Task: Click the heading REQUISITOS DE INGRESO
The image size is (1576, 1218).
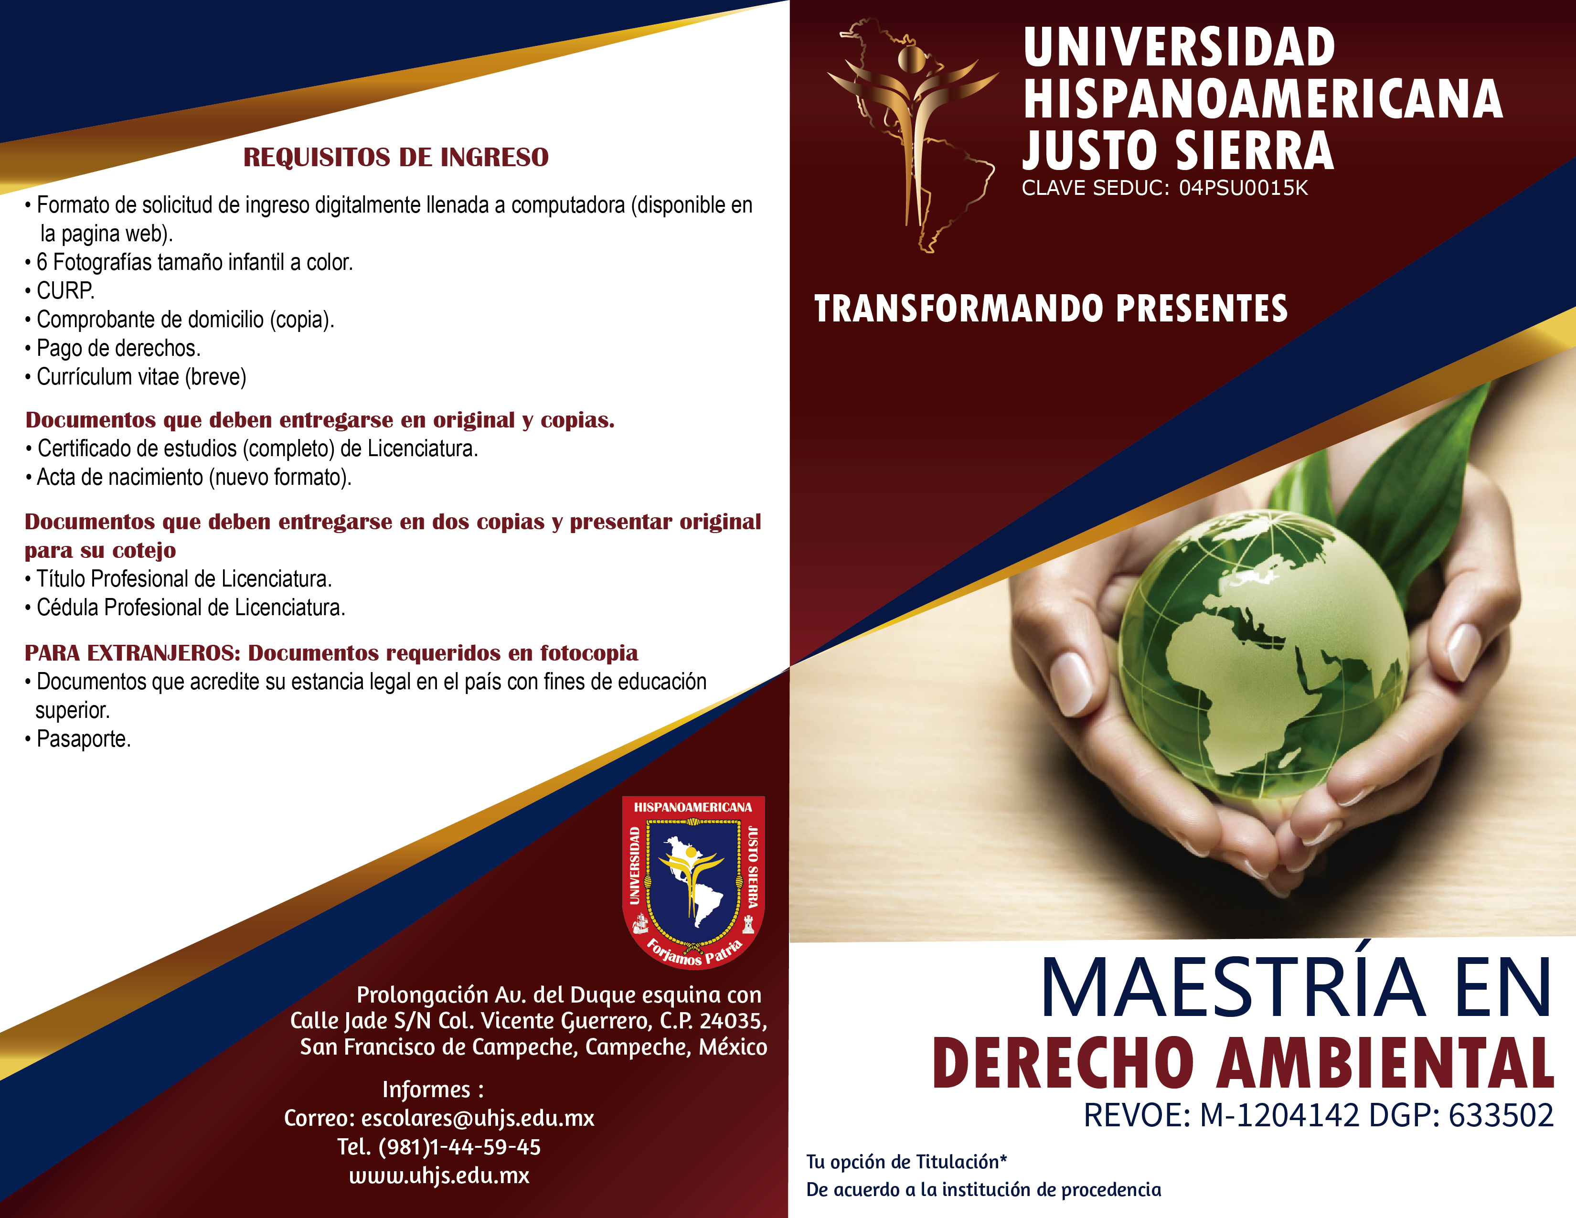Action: pos(395,157)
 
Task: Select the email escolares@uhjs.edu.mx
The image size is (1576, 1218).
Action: pos(477,1118)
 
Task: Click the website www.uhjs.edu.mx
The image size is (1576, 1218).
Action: pos(439,1175)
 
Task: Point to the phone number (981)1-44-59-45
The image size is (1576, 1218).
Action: pos(459,1146)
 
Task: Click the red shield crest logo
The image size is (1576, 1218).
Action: pos(693,882)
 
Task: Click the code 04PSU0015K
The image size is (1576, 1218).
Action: pos(1243,188)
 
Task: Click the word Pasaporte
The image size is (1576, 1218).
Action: pos(83,739)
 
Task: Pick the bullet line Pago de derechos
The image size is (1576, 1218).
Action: pos(113,349)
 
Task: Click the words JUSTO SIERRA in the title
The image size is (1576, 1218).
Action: pos(1178,151)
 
